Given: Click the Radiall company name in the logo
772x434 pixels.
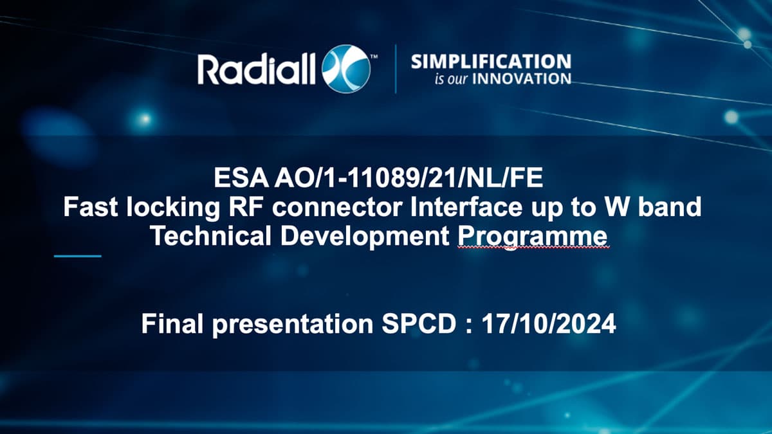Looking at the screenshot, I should coord(257,69).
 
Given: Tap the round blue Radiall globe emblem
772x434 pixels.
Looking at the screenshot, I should coord(347,69).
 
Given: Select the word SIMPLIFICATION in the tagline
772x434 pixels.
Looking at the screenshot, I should coord(491,62).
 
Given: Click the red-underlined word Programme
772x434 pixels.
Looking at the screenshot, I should coord(532,237).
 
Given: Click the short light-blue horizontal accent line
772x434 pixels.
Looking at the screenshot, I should coord(78,256).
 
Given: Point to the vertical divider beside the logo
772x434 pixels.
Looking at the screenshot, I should coord(395,69).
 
